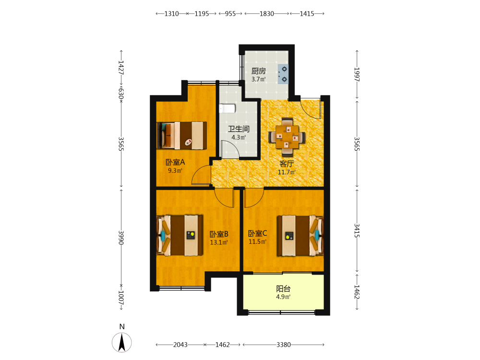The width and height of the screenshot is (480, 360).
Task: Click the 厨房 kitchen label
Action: point(258,71)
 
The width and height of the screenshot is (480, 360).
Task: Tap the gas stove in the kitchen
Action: point(283,74)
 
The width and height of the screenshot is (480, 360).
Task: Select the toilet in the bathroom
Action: point(227,108)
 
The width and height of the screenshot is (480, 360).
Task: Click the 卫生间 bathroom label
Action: point(239,129)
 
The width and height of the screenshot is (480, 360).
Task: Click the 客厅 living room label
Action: point(287,164)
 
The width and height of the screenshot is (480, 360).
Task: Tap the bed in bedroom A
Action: point(182,136)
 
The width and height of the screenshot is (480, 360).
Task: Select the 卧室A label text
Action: point(175,162)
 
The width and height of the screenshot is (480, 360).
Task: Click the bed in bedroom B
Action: point(180,235)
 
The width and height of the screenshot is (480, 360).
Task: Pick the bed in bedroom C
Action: point(300,235)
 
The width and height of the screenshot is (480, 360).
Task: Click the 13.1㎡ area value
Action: point(219,242)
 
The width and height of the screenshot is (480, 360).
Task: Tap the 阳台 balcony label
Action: point(283,288)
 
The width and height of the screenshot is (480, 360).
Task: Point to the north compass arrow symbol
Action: point(122,342)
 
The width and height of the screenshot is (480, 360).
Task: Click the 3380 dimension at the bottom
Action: point(284,345)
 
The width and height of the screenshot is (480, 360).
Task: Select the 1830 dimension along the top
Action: point(266,13)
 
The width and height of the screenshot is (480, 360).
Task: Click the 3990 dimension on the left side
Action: point(121,238)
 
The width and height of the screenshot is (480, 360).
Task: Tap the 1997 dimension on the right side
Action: point(357,74)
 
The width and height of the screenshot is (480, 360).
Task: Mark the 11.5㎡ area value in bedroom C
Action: point(257,241)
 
